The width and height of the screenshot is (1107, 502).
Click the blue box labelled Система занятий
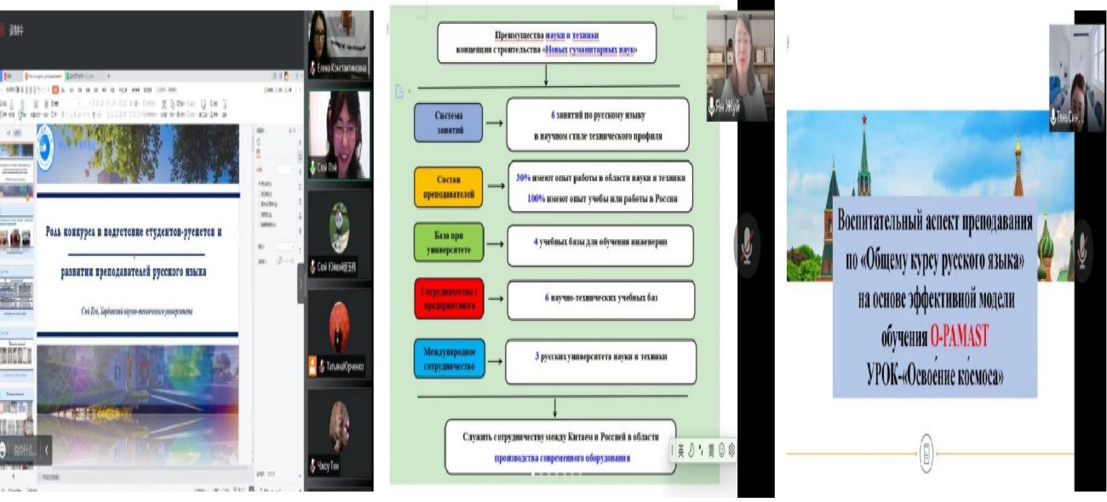(x=449, y=123)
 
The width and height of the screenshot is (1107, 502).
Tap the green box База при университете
(x=448, y=242)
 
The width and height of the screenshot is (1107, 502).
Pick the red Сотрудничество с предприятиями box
(x=449, y=298)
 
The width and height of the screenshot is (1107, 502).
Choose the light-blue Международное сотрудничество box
(x=449, y=357)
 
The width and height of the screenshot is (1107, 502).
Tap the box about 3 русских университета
(x=600, y=357)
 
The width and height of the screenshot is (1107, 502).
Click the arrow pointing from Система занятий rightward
(x=495, y=123)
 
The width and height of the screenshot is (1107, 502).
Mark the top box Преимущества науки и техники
(x=547, y=43)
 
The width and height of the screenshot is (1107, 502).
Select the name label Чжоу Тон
(x=328, y=465)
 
